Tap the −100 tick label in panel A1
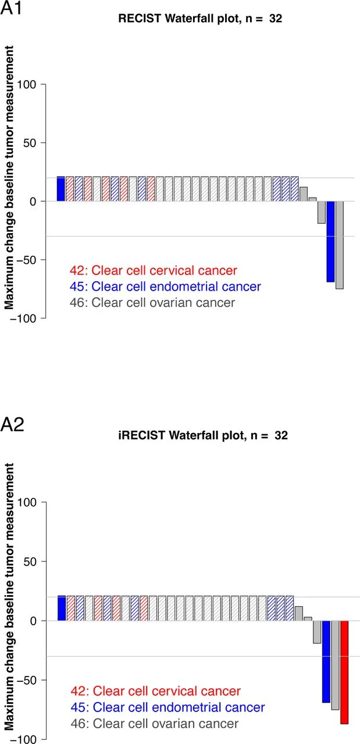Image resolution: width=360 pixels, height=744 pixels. pyautogui.click(x=23, y=318)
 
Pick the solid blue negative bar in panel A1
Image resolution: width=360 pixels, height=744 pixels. pyautogui.click(x=330, y=241)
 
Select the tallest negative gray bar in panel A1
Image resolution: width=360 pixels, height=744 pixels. pyautogui.click(x=339, y=245)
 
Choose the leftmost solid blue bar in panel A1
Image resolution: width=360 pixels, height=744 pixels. pyautogui.click(x=60, y=189)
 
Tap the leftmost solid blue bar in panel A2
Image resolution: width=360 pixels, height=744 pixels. pyautogui.click(x=62, y=608)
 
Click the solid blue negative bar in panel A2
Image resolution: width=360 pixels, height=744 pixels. pyautogui.click(x=326, y=661)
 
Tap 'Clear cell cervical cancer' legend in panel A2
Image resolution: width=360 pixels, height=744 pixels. pyautogui.click(x=155, y=691)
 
